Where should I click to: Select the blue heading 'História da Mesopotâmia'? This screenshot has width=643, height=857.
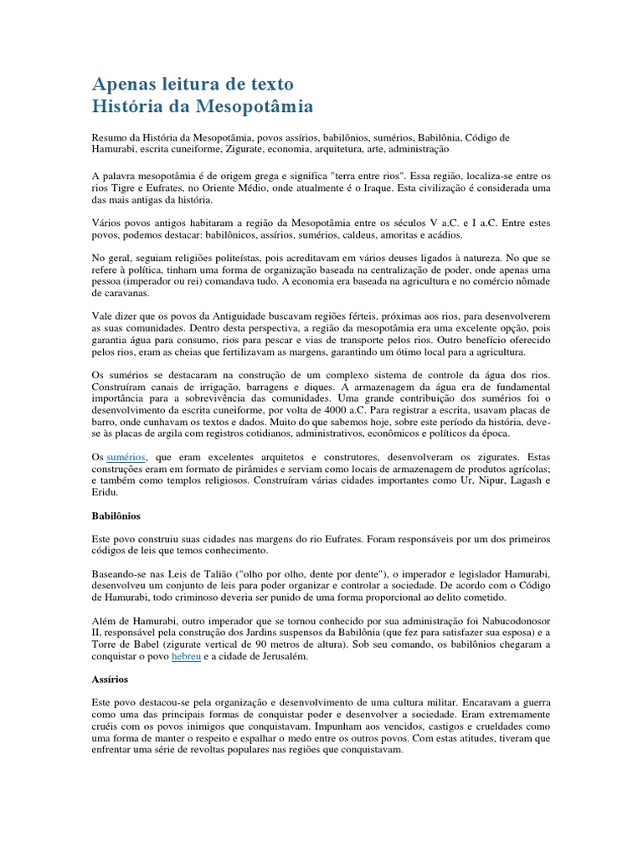pyautogui.click(x=202, y=107)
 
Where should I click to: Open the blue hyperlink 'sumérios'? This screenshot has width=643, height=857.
pyautogui.click(x=126, y=458)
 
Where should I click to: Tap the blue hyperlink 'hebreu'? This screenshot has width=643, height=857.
pyautogui.click(x=187, y=659)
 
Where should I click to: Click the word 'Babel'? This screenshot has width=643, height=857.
pyautogui.click(x=148, y=646)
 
